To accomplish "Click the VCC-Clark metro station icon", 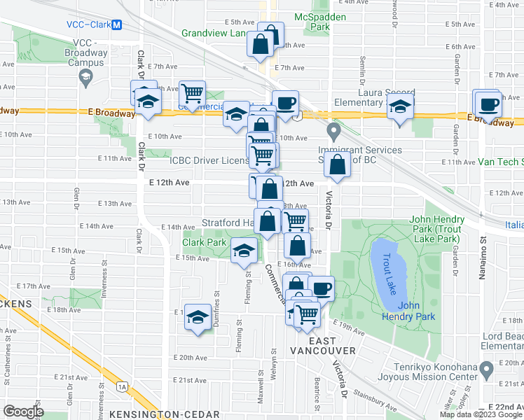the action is click(117, 24).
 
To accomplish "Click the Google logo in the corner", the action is click(23, 411).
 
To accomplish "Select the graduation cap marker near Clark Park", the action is click(243, 251).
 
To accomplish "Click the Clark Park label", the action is click(204, 243).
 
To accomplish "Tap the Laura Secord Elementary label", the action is click(377, 97).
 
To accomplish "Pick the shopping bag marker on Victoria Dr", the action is click(338, 166).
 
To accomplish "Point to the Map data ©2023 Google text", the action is click(481, 414).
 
